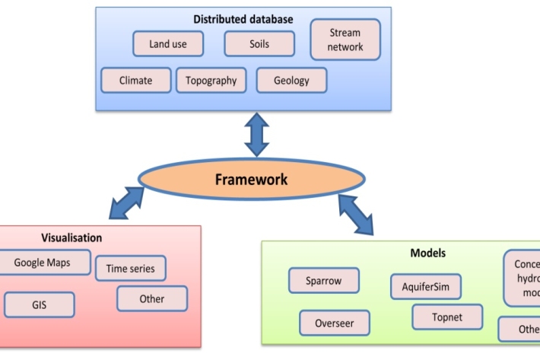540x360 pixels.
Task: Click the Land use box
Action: point(168,43)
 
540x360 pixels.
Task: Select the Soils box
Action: point(259,43)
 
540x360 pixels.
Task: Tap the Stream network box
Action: point(345,40)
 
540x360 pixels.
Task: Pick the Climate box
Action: point(135,80)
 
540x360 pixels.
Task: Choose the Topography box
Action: point(211,80)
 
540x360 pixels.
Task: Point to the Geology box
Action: point(291,80)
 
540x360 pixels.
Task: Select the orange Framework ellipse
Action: point(251,180)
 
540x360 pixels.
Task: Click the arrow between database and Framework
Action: point(256,135)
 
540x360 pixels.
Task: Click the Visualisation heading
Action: point(72,238)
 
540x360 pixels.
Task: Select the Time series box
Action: point(130,268)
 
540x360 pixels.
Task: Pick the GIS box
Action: point(40,304)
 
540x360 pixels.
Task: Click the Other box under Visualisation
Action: point(151,298)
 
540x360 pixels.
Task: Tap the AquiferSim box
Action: point(425,287)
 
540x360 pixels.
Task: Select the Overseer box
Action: point(335,323)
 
